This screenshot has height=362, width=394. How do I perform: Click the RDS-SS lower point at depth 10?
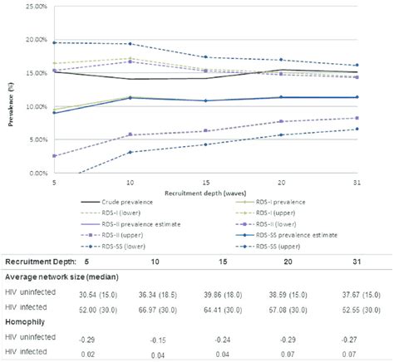coord(130,152)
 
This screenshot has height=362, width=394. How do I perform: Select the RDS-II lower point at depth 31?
coord(357,118)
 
